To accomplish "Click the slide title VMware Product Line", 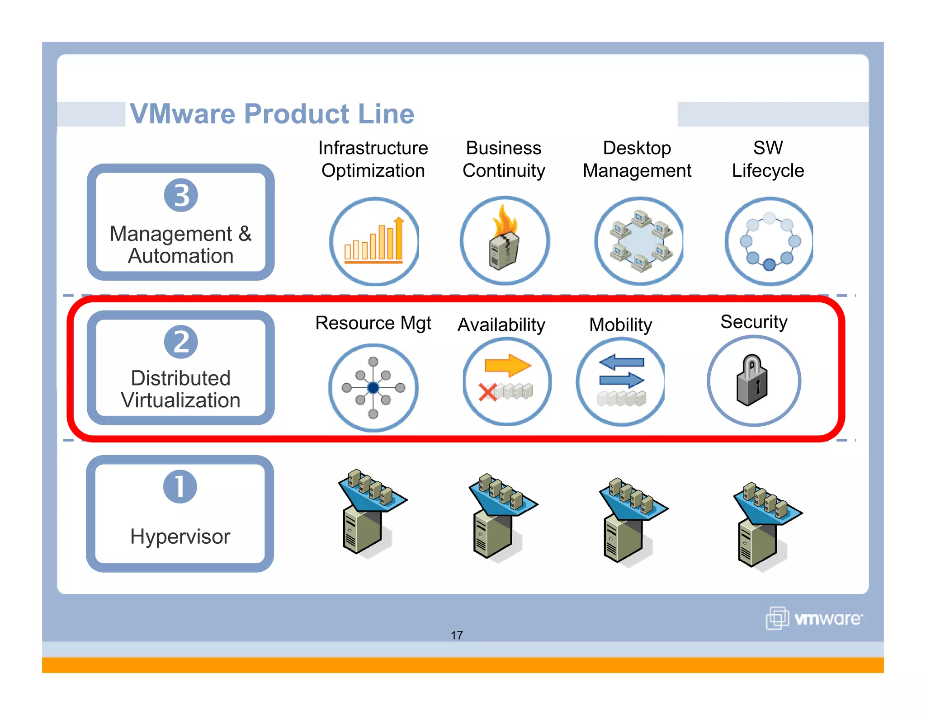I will (x=272, y=113).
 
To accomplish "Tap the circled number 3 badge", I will (x=181, y=195).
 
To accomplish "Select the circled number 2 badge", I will (x=181, y=342).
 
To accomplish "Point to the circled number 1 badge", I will (x=180, y=487).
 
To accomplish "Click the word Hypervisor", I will (x=180, y=536).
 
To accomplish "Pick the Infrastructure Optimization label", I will (x=373, y=159).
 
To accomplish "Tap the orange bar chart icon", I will (x=373, y=242).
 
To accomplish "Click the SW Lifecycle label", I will (x=768, y=159).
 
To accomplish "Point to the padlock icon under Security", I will (x=752, y=381).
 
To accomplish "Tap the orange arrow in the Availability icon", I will (x=507, y=365).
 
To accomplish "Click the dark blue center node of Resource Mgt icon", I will (x=373, y=388).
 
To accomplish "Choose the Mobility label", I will (x=620, y=325).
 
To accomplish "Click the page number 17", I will (x=457, y=635).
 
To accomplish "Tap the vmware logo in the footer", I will (x=814, y=618).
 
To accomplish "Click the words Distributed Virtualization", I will (x=180, y=389).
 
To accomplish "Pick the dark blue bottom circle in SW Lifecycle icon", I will (x=769, y=265).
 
